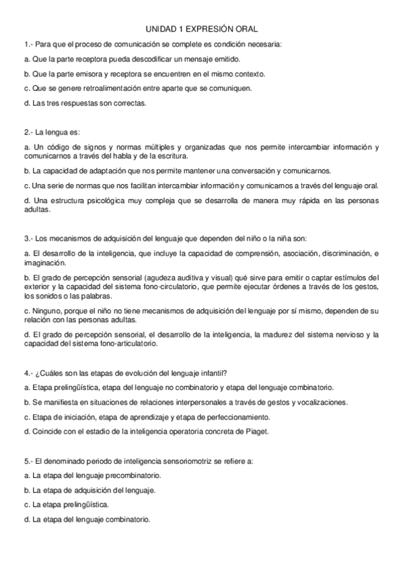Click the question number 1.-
pyautogui.click(x=28, y=44)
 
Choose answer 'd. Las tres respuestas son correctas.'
pyautogui.click(x=84, y=104)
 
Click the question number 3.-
pyautogui.click(x=28, y=238)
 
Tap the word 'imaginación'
pyautogui.click(x=42, y=263)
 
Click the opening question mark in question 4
pyautogui.click(x=37, y=373)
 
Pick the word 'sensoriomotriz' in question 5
pyautogui.click(x=175, y=461)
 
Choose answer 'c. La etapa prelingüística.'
pyautogui.click(x=66, y=504)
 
